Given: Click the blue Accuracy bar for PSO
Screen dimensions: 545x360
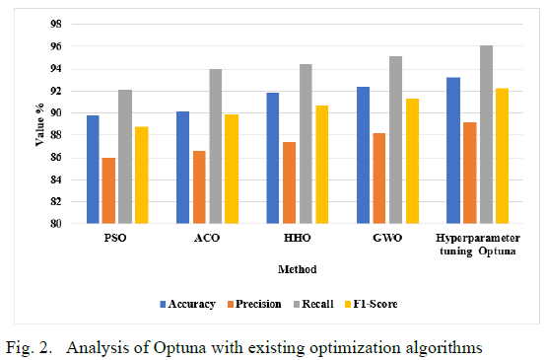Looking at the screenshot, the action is (93, 170).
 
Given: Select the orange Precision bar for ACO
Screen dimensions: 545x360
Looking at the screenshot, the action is (199, 187).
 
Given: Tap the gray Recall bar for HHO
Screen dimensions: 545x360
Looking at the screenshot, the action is (306, 144).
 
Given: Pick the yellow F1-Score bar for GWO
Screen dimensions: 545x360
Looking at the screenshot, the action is (412, 161).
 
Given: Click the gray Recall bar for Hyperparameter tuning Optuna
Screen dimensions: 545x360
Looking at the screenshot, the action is (486, 134).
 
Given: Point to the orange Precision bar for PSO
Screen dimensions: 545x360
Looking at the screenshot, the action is (108, 190).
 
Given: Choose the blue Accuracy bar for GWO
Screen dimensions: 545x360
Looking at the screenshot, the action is (364, 155).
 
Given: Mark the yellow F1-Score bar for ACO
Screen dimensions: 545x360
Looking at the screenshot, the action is (232, 169).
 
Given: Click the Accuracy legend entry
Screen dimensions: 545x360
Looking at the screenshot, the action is (187, 304).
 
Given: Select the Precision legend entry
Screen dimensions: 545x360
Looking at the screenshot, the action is (254, 304).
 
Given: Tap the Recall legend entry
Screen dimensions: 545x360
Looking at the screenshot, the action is (313, 304).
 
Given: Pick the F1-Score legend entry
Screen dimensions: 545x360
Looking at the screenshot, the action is (372, 304).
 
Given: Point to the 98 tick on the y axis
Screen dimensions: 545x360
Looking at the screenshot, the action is (55, 24).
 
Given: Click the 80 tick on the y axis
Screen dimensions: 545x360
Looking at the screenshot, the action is (55, 224).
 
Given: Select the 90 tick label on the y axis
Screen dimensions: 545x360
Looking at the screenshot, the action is (55, 113).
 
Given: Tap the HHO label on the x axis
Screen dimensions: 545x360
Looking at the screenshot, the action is (298, 238).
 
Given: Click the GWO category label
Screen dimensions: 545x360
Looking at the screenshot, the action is (387, 238).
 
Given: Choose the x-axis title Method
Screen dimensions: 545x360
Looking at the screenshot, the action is (298, 269).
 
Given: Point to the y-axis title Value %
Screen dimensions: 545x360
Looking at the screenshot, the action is (40, 124).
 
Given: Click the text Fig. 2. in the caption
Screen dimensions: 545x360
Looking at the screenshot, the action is (30, 347).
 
